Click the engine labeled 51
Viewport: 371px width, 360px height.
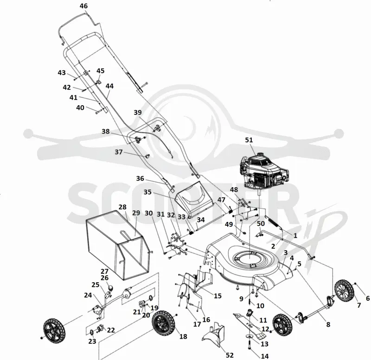point(264,171)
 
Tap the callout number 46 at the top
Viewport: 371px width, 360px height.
point(83,6)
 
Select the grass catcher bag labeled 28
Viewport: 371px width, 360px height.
point(118,245)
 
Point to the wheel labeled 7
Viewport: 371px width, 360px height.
point(345,291)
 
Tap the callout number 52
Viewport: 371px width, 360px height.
point(230,355)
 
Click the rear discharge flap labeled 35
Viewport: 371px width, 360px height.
point(194,199)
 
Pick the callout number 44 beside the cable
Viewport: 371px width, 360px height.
point(109,86)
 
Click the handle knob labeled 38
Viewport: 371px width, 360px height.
point(138,140)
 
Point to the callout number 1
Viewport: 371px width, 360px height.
point(295,235)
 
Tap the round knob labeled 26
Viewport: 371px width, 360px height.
point(111,288)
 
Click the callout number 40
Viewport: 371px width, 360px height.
point(80,107)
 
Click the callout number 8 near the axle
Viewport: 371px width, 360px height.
point(328,324)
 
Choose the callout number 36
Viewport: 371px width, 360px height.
point(140,178)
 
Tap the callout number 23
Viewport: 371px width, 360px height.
point(92,341)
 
